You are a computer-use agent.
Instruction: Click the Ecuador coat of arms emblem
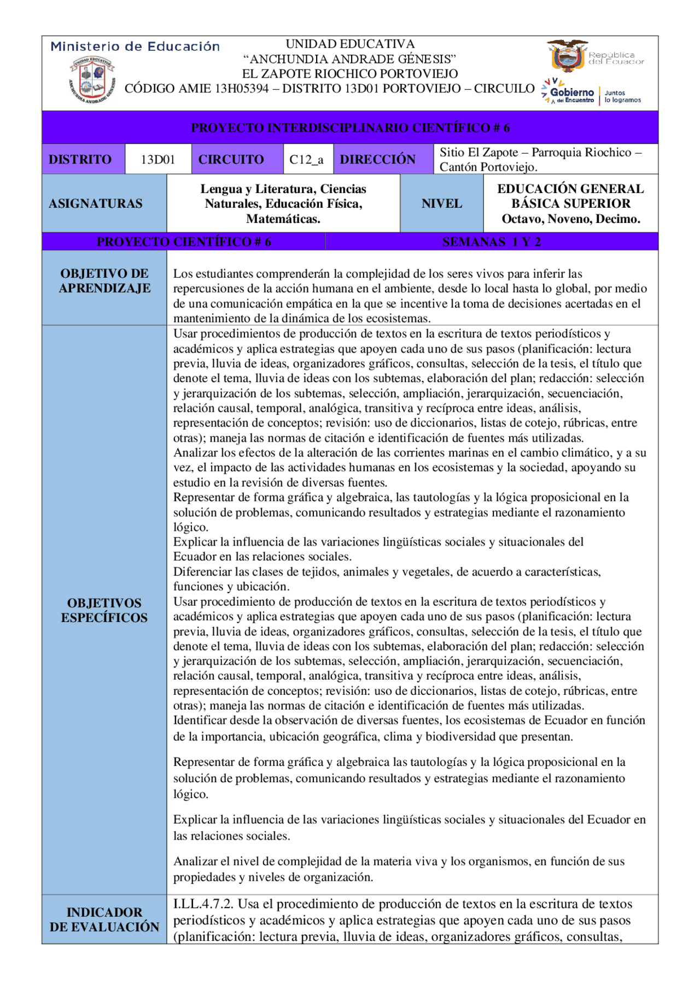click(x=567, y=56)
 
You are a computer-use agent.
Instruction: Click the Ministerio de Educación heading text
click(x=135, y=46)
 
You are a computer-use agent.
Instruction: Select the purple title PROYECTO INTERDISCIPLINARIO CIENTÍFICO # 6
click(x=350, y=128)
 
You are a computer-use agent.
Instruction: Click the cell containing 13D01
click(x=157, y=160)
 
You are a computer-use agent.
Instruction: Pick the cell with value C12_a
click(x=306, y=160)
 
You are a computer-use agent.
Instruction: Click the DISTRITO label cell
click(x=80, y=160)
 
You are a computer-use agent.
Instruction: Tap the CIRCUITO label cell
click(x=231, y=160)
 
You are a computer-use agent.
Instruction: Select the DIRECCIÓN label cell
click(x=377, y=160)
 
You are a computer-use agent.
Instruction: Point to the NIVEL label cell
click(x=441, y=203)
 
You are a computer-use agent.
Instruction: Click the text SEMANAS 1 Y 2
click(x=491, y=242)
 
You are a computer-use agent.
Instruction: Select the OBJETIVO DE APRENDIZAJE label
click(x=104, y=281)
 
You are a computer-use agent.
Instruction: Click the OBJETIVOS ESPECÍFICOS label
click(x=104, y=610)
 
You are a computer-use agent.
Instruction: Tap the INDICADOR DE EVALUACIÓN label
click(x=104, y=919)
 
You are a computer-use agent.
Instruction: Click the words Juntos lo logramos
click(x=622, y=97)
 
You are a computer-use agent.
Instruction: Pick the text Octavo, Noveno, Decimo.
click(x=570, y=219)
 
